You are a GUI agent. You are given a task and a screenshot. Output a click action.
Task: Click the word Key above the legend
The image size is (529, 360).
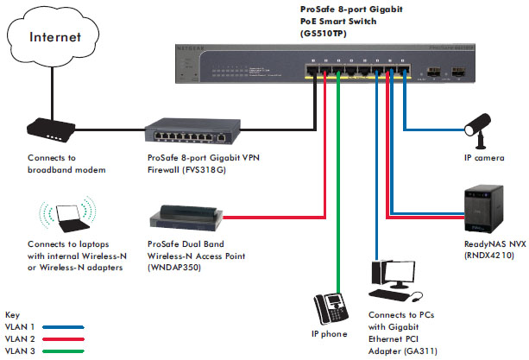click(x=11, y=316)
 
